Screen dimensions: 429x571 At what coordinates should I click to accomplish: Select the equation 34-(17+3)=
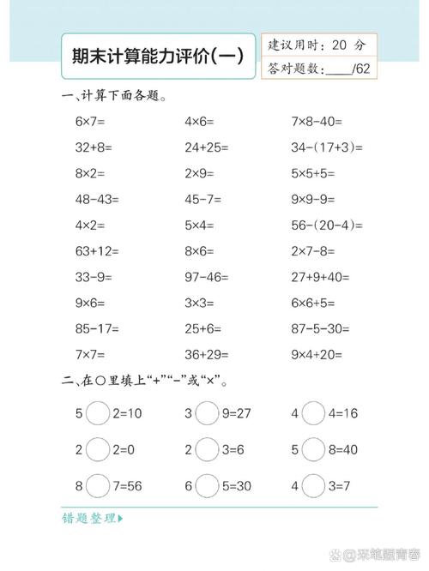tap(325, 147)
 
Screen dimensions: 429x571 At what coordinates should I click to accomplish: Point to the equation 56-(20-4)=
tap(327, 225)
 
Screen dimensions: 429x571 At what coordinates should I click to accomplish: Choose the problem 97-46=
tap(205, 277)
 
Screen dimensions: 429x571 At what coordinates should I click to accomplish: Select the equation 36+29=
tap(206, 354)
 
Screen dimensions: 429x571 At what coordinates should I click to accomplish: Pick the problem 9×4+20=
tap(319, 354)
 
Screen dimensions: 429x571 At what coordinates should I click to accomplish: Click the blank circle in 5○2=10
tap(99, 413)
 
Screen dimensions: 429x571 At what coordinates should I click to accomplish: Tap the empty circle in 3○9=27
tap(207, 413)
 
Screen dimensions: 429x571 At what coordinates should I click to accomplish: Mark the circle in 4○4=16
tap(314, 413)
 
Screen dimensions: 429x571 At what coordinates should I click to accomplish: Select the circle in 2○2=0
tap(99, 449)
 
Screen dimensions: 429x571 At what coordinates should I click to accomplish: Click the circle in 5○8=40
tap(314, 449)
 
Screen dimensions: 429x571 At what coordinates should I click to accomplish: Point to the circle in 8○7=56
tap(99, 485)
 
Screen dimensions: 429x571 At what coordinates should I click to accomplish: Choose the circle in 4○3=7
tap(314, 485)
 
